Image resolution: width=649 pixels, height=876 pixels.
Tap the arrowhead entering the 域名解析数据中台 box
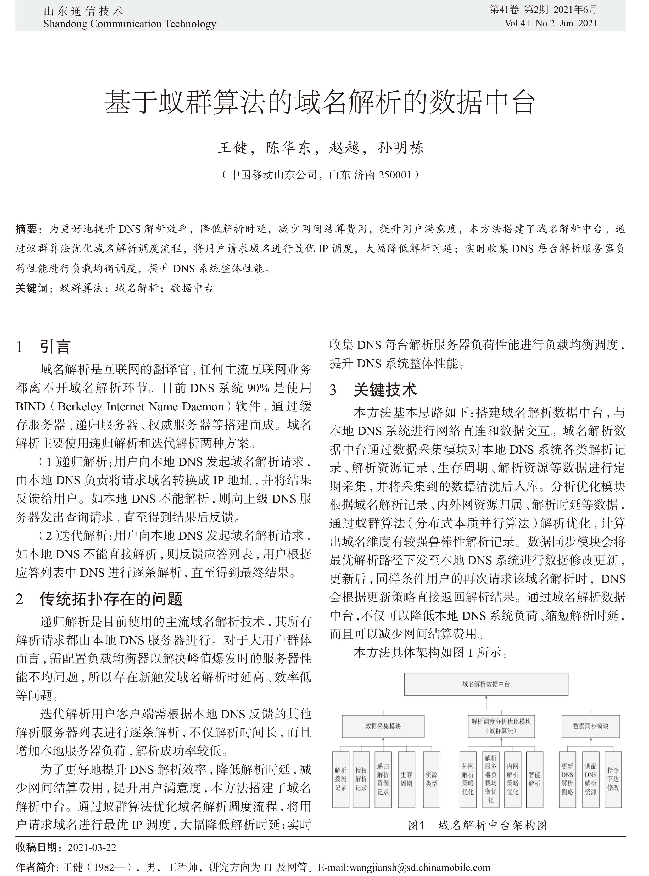[486, 698]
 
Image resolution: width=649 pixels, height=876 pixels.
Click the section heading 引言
[55, 347]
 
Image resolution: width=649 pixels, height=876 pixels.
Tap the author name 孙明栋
[400, 148]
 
